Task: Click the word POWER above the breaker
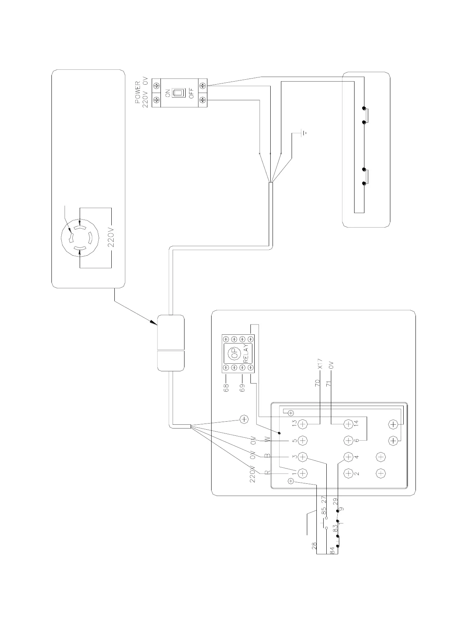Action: click(138, 93)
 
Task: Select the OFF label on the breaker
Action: click(192, 93)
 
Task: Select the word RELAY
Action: click(246, 353)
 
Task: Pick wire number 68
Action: click(226, 388)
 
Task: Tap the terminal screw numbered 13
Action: click(303, 424)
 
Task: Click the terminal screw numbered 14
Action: click(348, 424)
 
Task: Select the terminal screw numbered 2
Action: click(348, 473)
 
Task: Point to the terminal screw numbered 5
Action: click(303, 440)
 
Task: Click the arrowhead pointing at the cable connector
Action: click(154, 323)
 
